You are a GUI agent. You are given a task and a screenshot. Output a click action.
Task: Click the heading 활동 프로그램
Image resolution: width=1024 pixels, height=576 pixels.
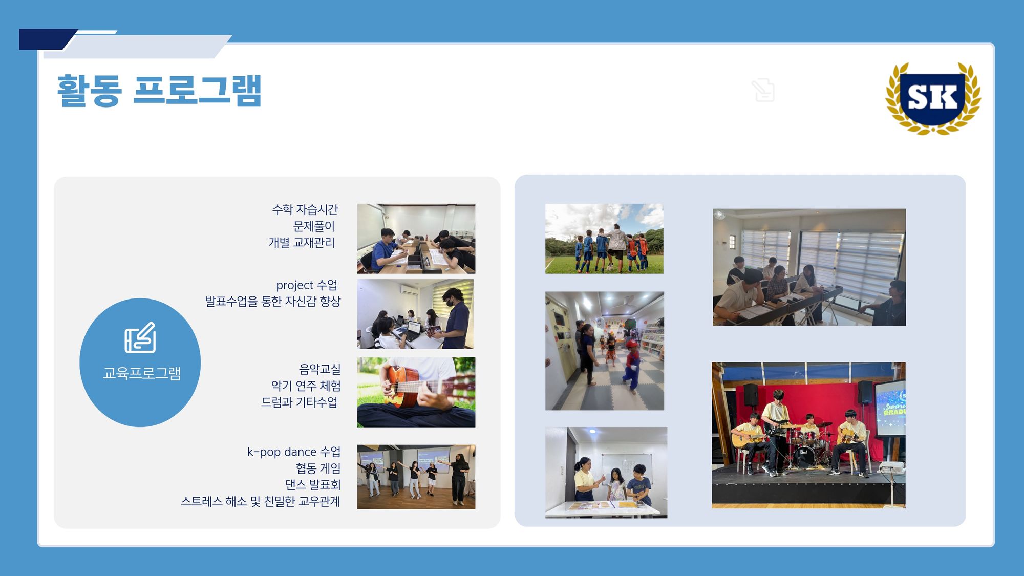point(159,91)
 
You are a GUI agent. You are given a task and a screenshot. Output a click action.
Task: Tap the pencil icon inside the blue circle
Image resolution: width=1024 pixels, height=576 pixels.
point(140,337)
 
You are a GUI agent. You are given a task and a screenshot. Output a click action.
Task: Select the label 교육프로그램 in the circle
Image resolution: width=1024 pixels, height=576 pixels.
point(142,373)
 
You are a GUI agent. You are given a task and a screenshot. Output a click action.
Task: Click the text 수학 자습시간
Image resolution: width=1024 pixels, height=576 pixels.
point(305,209)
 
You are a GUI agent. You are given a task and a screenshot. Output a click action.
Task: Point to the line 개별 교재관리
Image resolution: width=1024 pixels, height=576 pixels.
point(302,243)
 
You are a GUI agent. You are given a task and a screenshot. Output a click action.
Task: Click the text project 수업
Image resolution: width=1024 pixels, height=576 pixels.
point(307,285)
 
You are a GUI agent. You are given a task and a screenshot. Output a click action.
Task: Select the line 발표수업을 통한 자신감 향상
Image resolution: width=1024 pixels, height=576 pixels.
point(273,302)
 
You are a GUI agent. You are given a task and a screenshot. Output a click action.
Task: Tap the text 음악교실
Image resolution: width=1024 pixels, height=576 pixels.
point(319,369)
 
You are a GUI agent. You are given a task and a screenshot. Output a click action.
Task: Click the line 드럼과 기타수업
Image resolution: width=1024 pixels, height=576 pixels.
point(299,402)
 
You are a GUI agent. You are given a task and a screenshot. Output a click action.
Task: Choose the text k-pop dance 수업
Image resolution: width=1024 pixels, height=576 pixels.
point(294,452)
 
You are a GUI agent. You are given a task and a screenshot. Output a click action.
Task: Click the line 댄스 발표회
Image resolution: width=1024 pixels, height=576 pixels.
point(313,485)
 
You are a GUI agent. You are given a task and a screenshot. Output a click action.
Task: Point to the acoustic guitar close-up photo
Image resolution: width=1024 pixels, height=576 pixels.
point(416,392)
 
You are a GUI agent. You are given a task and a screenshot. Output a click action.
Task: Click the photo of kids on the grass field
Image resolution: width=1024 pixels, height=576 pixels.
point(604,239)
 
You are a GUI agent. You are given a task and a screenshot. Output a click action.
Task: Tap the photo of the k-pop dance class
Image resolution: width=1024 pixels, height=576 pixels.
point(416,477)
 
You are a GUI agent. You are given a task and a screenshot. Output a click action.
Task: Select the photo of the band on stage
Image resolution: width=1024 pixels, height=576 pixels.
point(808,435)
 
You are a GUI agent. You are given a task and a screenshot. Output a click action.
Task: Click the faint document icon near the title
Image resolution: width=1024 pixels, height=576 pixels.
point(763,90)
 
